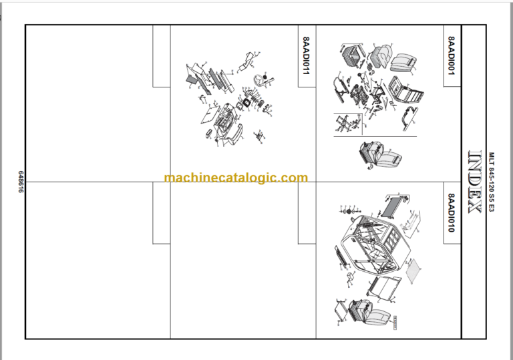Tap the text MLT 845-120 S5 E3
point(492,181)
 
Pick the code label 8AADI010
point(452,212)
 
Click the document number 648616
point(20,181)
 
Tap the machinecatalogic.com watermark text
point(236,178)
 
